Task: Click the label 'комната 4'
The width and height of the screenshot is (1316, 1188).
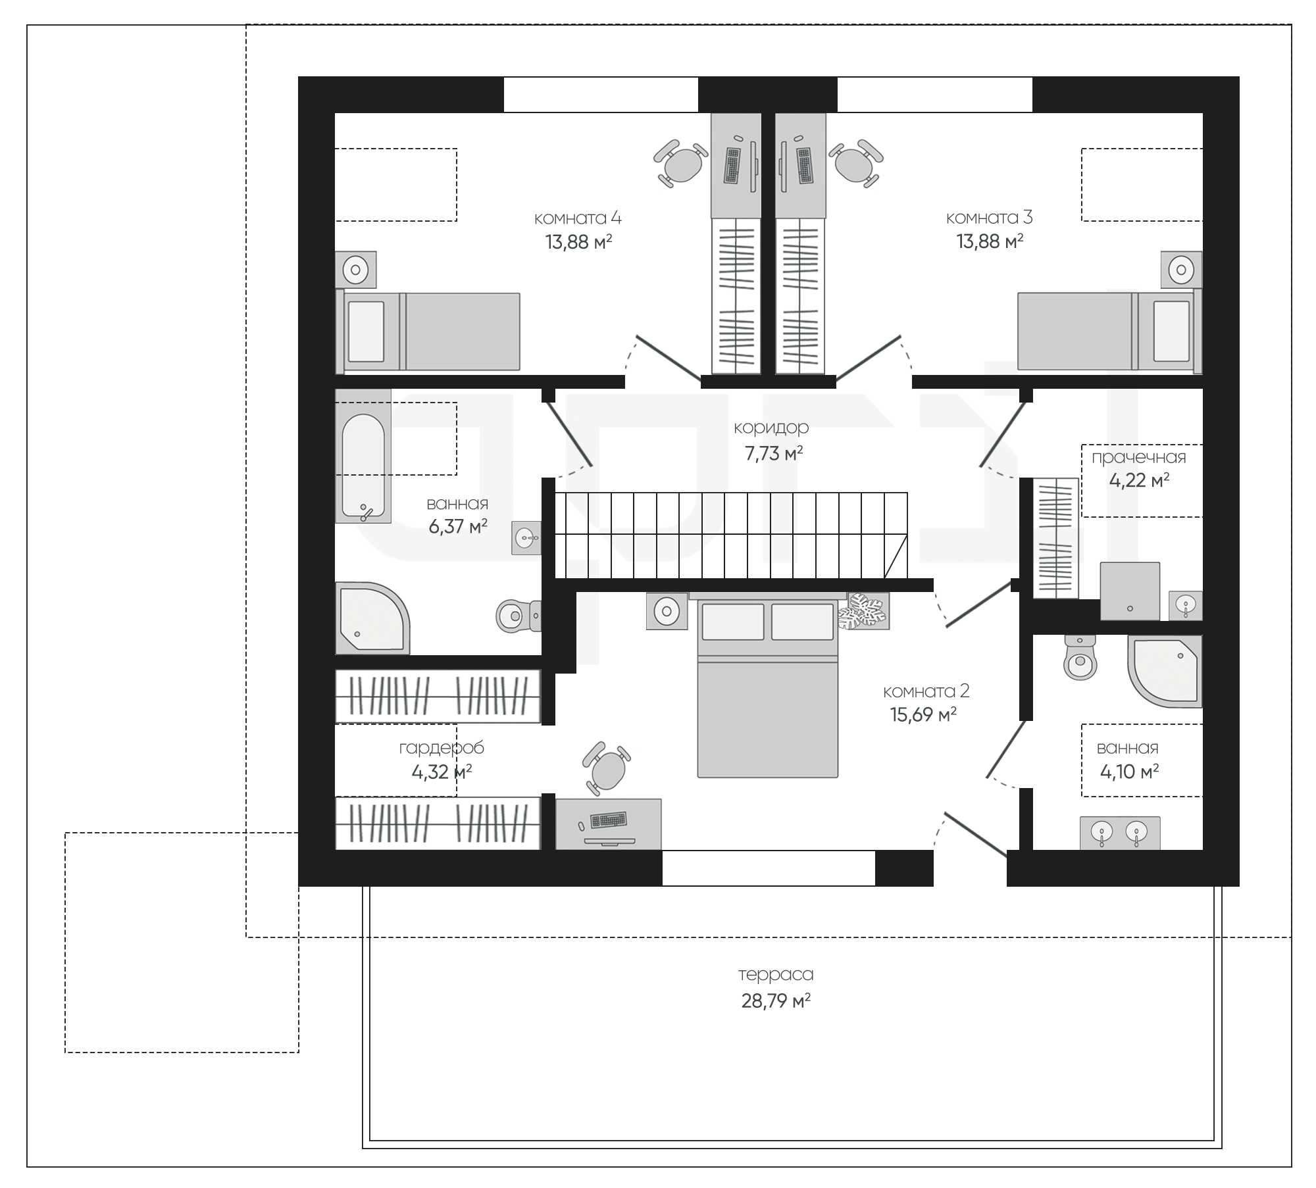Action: pyautogui.click(x=577, y=218)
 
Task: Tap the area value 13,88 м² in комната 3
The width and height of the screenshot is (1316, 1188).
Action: pyautogui.click(x=990, y=241)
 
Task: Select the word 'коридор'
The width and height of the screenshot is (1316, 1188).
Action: pyautogui.click(x=771, y=428)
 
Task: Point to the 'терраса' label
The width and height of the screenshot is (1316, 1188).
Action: pyautogui.click(x=776, y=974)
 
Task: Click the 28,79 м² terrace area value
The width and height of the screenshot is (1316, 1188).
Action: pyautogui.click(x=776, y=1001)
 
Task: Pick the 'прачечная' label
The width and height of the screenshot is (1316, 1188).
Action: pyautogui.click(x=1139, y=457)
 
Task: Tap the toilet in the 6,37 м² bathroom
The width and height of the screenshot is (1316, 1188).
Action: pyautogui.click(x=518, y=616)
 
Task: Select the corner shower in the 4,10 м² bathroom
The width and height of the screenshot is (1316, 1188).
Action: pyautogui.click(x=1165, y=672)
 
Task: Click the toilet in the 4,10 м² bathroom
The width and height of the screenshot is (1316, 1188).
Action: pyautogui.click(x=1080, y=658)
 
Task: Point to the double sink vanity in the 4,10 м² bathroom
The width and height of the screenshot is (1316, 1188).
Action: pyautogui.click(x=1120, y=833)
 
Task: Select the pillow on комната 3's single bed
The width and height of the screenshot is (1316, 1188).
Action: pyautogui.click(x=1171, y=331)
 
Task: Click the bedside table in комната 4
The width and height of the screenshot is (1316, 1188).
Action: pyautogui.click(x=356, y=269)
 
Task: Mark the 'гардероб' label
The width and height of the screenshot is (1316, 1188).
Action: pyautogui.click(x=442, y=748)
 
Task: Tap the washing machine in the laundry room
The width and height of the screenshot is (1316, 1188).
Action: pyautogui.click(x=1130, y=591)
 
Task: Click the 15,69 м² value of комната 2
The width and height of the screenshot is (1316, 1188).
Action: pyautogui.click(x=923, y=715)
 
